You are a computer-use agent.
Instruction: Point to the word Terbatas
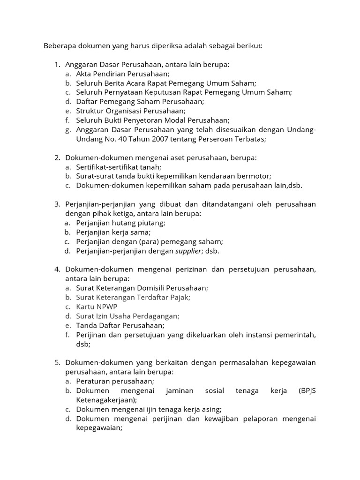249,139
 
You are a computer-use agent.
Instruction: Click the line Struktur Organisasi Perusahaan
131,111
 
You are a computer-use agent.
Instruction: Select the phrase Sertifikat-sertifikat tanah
119,166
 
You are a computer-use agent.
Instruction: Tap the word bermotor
255,176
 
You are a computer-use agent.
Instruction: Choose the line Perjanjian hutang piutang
120,223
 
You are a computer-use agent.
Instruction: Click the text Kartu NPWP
97,307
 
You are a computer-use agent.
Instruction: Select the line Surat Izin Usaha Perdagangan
127,316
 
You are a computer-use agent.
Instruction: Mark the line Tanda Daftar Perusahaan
120,325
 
